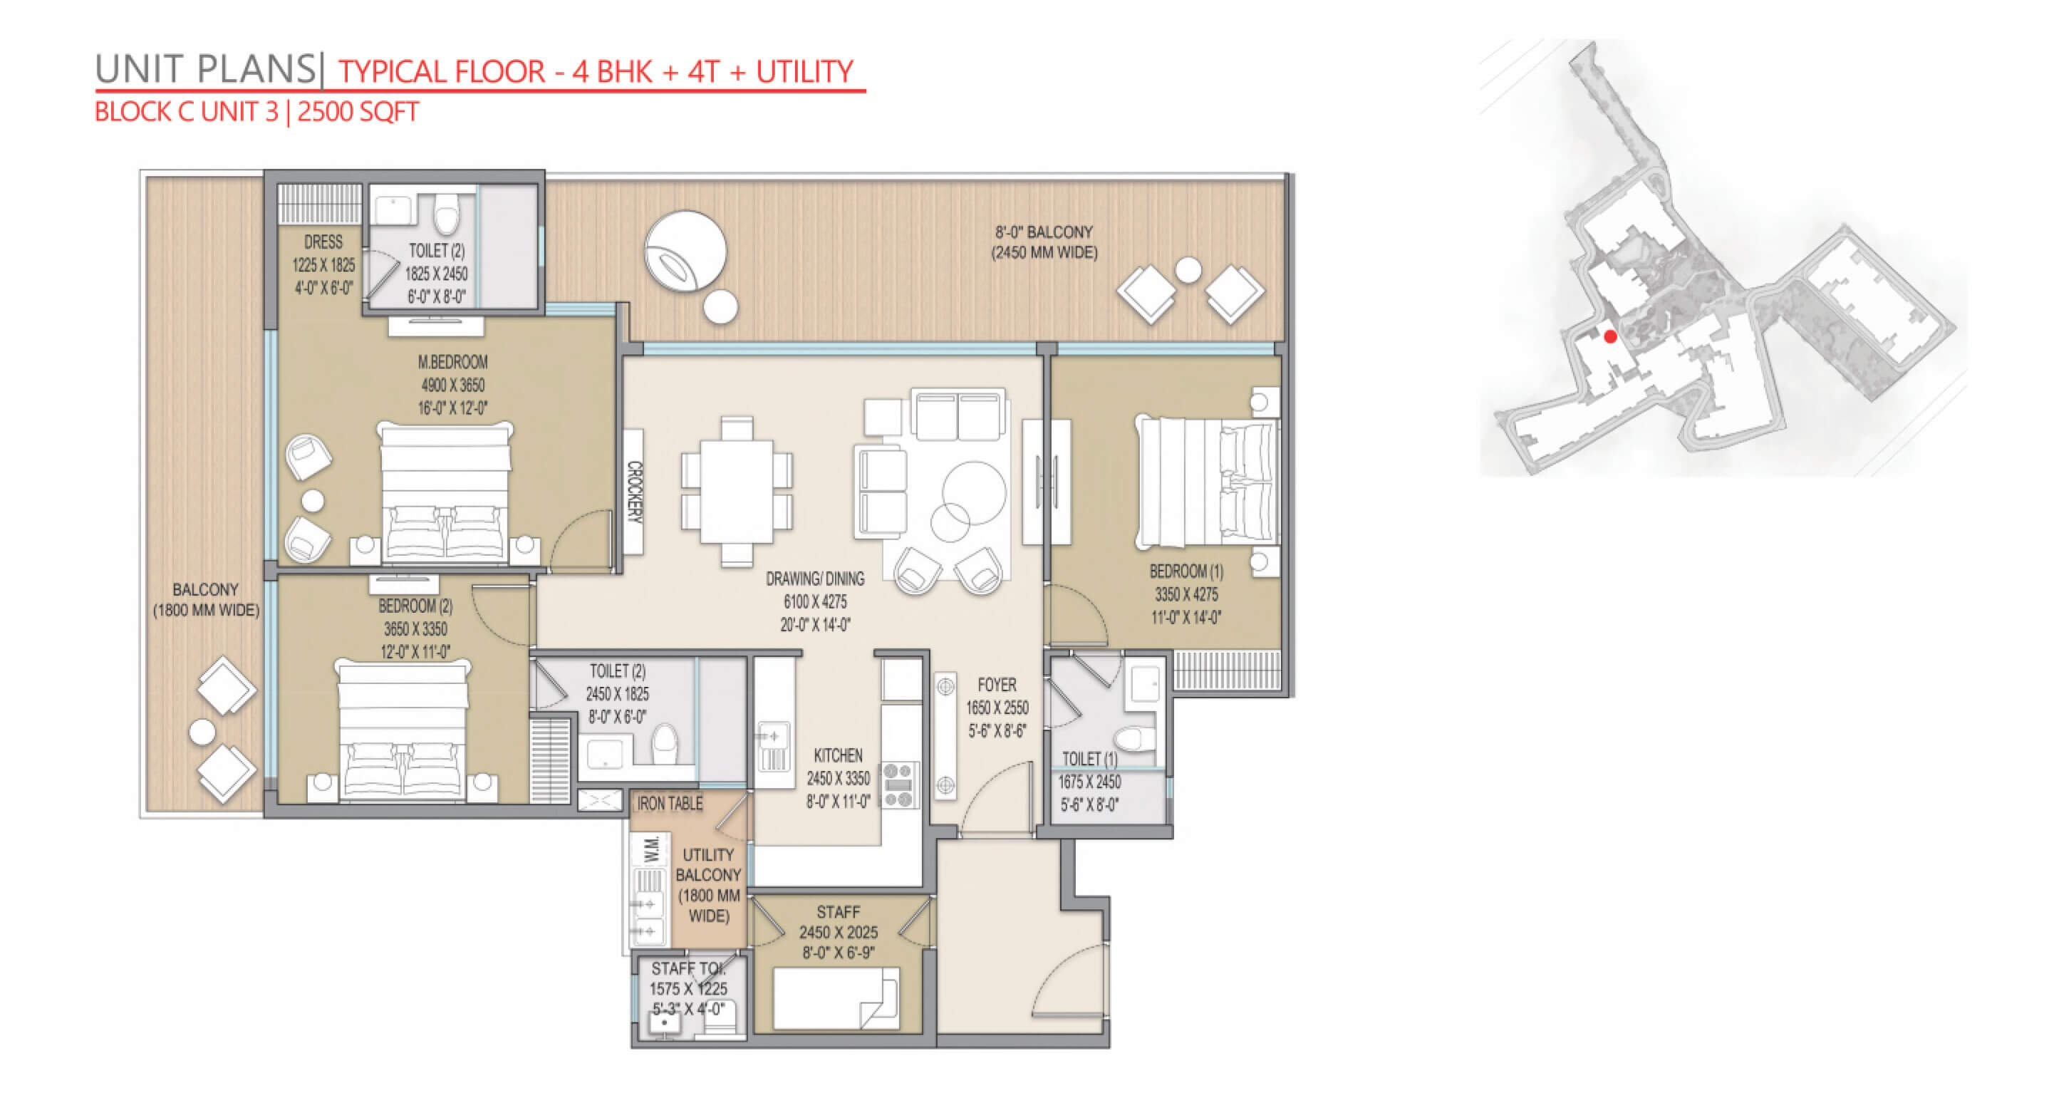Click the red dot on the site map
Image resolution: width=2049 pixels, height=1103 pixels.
pyautogui.click(x=1610, y=336)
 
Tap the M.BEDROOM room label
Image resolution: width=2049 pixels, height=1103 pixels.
pyautogui.click(x=452, y=363)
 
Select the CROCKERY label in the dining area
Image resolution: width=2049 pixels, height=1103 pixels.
pyautogui.click(x=634, y=492)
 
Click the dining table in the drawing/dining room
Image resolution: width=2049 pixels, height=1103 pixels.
pyautogui.click(x=737, y=492)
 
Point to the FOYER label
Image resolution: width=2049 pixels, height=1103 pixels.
pyautogui.click(x=997, y=685)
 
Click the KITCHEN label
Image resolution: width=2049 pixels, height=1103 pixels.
pyautogui.click(x=838, y=755)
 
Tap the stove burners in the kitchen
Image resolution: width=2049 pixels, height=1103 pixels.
pyautogui.click(x=899, y=785)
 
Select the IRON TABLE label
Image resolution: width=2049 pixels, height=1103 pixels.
pyautogui.click(x=670, y=804)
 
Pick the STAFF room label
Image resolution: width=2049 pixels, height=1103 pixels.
pyautogui.click(x=838, y=912)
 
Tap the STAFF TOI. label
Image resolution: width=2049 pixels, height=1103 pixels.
pyautogui.click(x=688, y=968)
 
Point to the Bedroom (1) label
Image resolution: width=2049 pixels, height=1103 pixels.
pyautogui.click(x=1186, y=571)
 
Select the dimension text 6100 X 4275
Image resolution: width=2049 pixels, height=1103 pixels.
pyautogui.click(x=815, y=602)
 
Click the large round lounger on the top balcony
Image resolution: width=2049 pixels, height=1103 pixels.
pyautogui.click(x=685, y=252)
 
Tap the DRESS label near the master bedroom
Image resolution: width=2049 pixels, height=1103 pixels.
pyautogui.click(x=323, y=242)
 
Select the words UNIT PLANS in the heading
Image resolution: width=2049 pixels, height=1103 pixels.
pyautogui.click(x=205, y=69)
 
